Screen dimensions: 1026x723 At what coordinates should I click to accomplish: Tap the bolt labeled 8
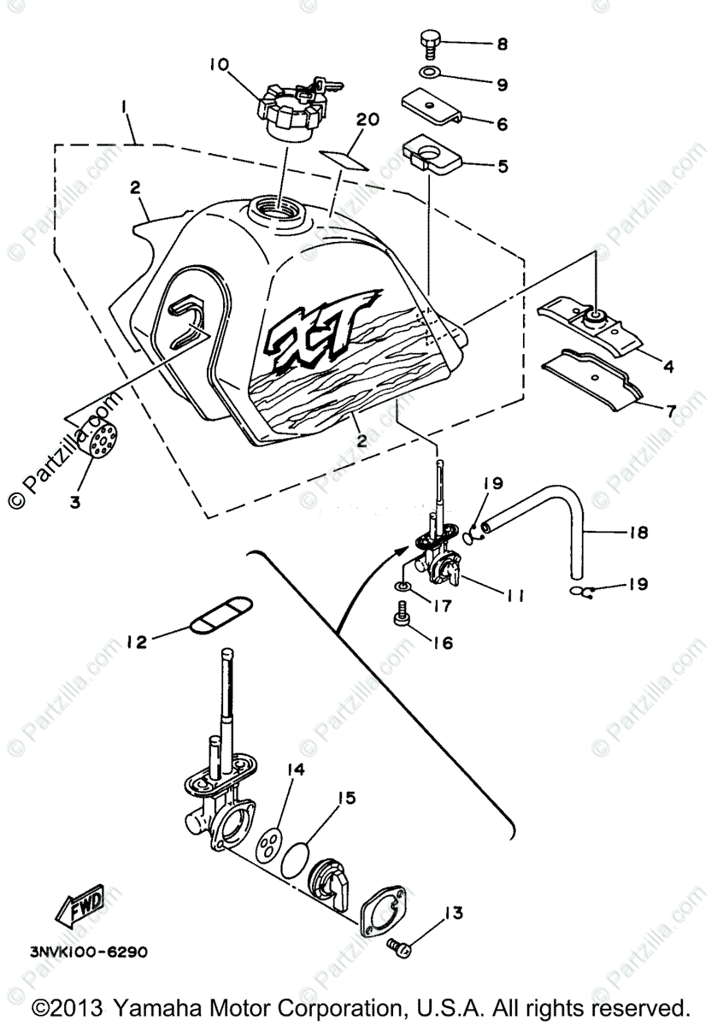tap(429, 43)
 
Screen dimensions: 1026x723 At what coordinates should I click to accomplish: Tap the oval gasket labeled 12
tap(220, 614)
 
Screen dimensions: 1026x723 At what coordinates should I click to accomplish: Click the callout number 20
tap(367, 121)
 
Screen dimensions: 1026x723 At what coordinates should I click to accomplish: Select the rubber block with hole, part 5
tap(432, 157)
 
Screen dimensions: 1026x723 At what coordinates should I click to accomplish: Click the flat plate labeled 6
tap(432, 106)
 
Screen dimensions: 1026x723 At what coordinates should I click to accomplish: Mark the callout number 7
tap(671, 411)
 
